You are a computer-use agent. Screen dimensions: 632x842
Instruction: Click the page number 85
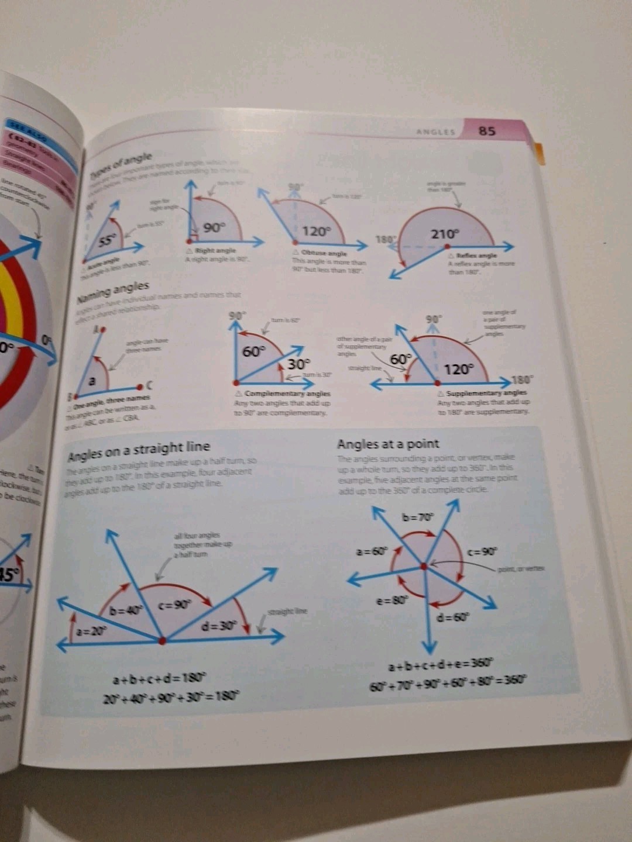point(487,130)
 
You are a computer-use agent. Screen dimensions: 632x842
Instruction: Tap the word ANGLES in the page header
point(435,132)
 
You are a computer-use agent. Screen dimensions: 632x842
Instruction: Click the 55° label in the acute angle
point(107,240)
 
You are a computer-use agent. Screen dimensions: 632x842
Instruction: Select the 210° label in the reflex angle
point(445,234)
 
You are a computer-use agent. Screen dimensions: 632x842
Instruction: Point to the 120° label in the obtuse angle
point(317,231)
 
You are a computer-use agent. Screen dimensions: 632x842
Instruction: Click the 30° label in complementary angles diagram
point(298,364)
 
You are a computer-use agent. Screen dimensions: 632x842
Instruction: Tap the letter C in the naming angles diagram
point(149,385)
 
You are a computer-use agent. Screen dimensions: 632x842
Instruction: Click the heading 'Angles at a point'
point(388,444)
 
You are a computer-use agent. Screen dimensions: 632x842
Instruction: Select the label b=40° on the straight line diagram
point(127,611)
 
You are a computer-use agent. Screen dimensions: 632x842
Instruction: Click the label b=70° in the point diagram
point(418,517)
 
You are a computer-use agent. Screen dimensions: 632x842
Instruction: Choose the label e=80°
point(391,600)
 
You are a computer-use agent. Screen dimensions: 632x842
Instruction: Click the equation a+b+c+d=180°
point(160,679)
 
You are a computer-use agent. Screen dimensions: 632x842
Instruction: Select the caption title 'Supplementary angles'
point(486,393)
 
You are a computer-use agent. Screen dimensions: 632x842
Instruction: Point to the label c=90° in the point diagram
point(483,551)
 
